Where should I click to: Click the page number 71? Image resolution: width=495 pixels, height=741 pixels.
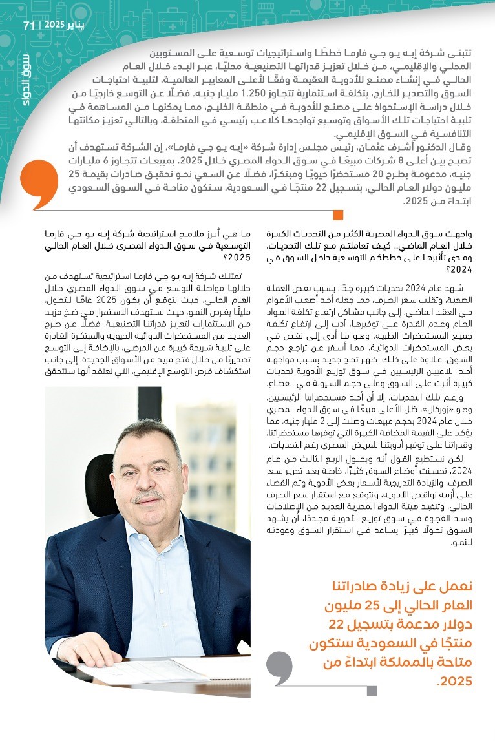click(x=28, y=25)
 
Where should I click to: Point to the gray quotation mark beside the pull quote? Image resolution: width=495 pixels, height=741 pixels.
click(x=279, y=668)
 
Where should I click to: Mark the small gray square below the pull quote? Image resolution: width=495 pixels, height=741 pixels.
click(x=371, y=691)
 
